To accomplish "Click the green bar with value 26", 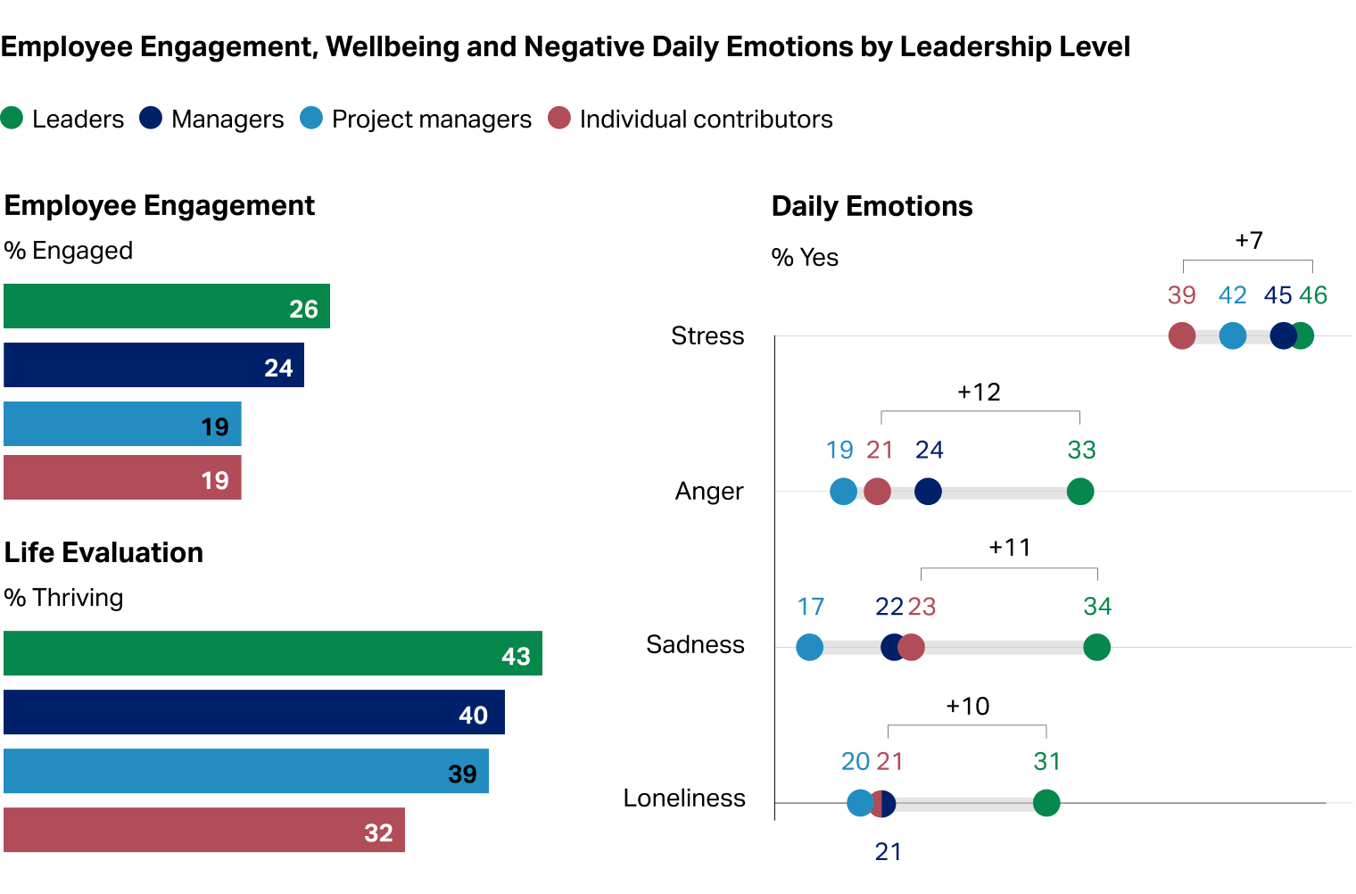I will tap(167, 306).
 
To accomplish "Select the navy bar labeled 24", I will tap(153, 365).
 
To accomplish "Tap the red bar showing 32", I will tap(204, 831).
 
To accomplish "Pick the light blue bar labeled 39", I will tap(246, 772).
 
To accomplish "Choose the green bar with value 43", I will tap(273, 654).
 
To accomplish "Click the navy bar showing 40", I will tap(254, 713).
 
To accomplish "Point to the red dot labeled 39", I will tap(1181, 336).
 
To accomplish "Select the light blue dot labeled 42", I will tap(1232, 336).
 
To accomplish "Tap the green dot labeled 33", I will tap(1080, 492).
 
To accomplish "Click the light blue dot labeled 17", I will tap(809, 647).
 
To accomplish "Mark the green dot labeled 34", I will tap(1096, 647).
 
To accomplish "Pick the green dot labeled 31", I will tap(1046, 803).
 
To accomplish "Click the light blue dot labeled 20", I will tap(859, 803).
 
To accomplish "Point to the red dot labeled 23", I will tap(912, 647).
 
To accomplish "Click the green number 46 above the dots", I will tap(1313, 295).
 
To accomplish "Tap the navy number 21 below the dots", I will tap(888, 852).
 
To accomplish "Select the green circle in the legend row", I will tap(12, 118).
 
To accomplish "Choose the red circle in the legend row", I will tap(559, 118).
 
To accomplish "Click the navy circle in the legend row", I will tap(151, 118).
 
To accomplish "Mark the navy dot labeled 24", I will tap(928, 492).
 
